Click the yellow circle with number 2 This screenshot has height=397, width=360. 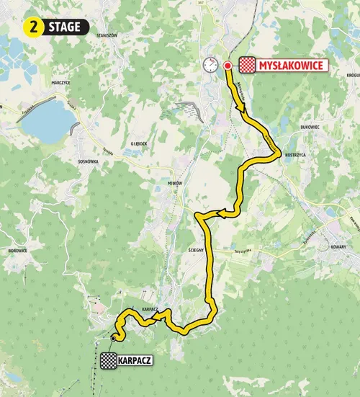34,27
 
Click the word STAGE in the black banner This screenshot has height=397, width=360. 66,27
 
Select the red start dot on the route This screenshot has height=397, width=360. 228,66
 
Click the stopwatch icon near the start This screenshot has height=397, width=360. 210,65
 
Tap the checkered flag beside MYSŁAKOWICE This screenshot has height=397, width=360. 247,66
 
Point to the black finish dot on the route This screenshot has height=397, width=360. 114,336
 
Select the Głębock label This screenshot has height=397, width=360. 140,143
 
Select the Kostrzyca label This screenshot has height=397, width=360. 296,155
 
